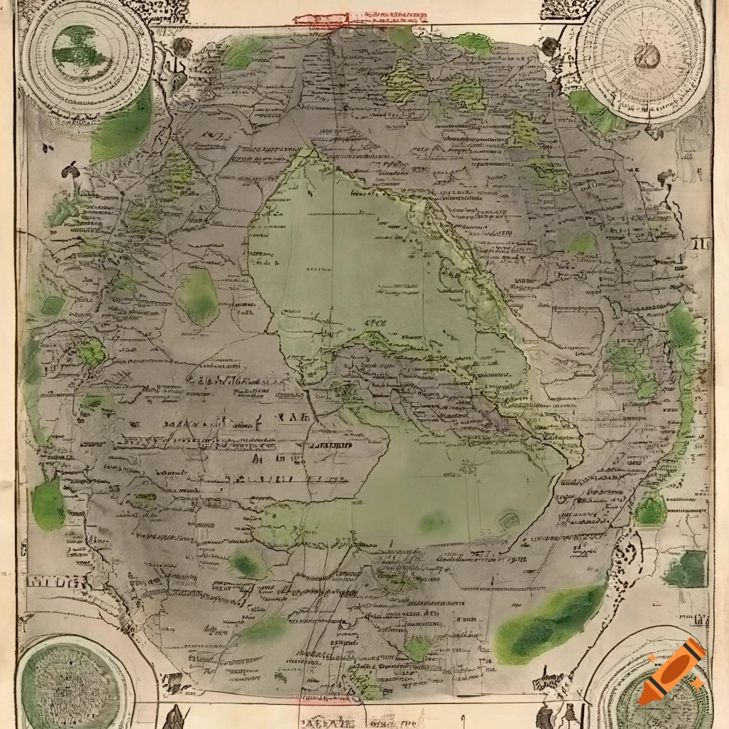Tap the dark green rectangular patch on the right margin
(686, 569)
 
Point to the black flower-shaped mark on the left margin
(70, 170)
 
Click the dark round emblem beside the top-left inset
(182, 47)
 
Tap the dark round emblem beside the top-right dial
(550, 47)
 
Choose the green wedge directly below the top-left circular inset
(122, 128)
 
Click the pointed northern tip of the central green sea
(309, 152)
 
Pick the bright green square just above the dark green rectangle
(651, 510)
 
